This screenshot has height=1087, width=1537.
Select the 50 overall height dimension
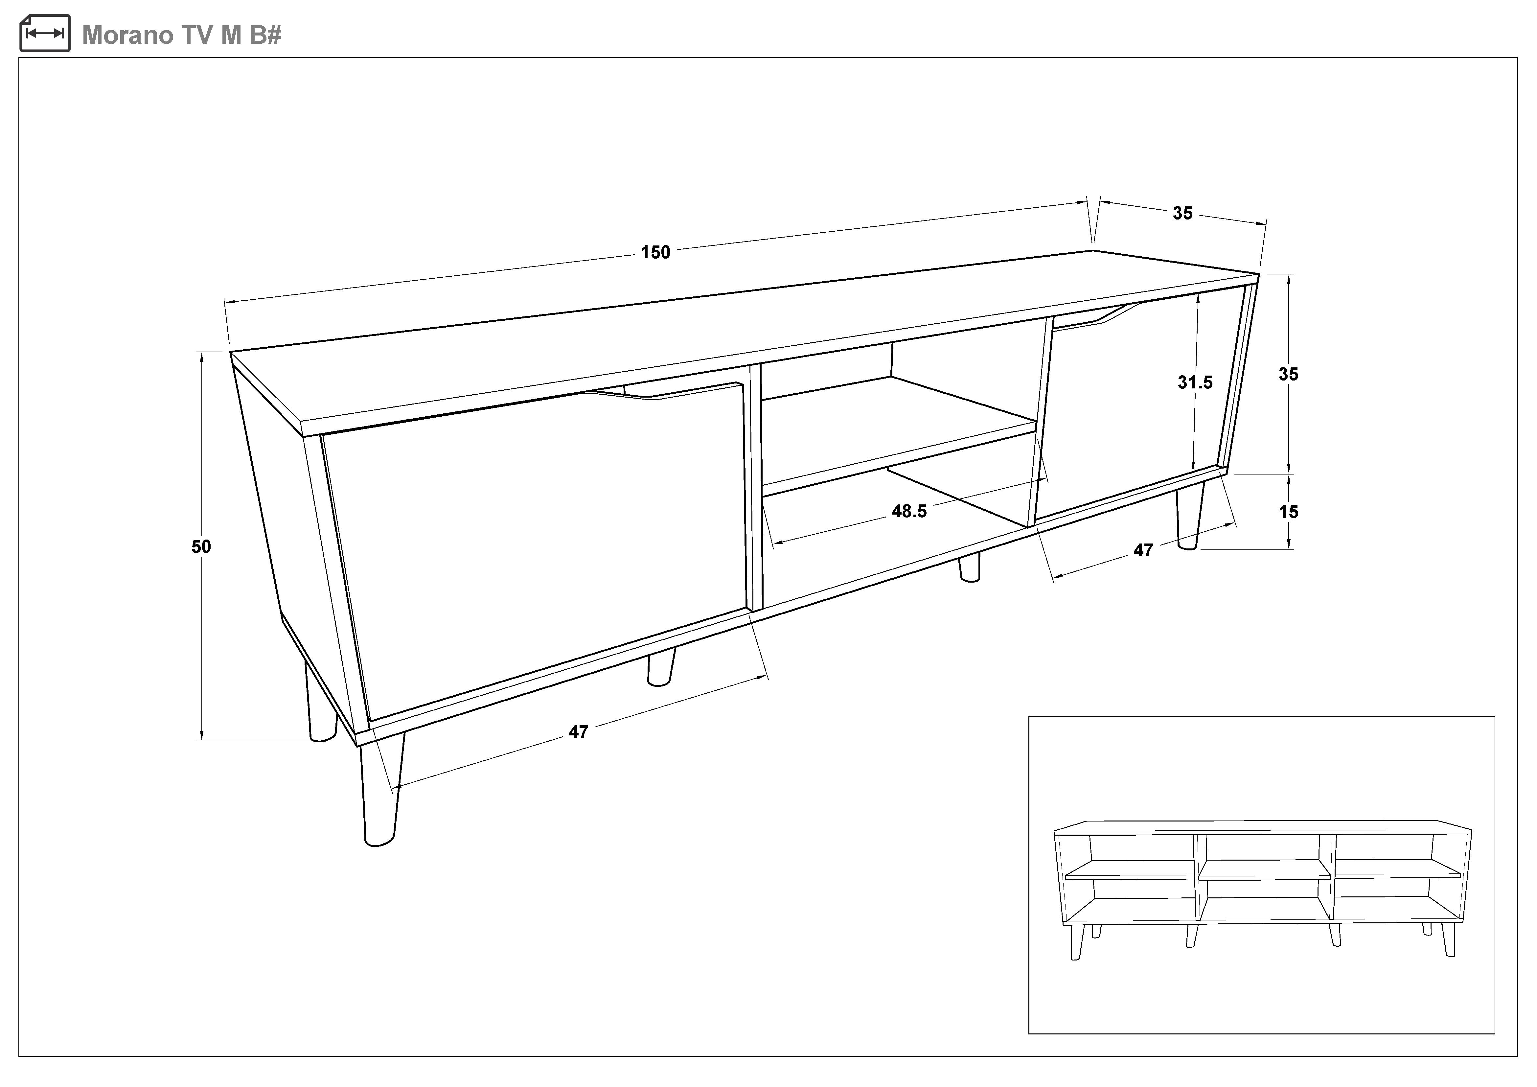tap(201, 547)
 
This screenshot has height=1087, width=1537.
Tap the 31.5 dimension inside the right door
tap(1195, 382)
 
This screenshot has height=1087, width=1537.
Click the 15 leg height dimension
tap(1288, 512)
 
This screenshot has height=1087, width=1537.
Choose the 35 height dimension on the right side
tap(1288, 374)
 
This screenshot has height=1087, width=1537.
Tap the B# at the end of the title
tap(266, 35)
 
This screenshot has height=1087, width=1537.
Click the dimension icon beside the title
tap(45, 34)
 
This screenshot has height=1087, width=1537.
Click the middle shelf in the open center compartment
tap(897, 428)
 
